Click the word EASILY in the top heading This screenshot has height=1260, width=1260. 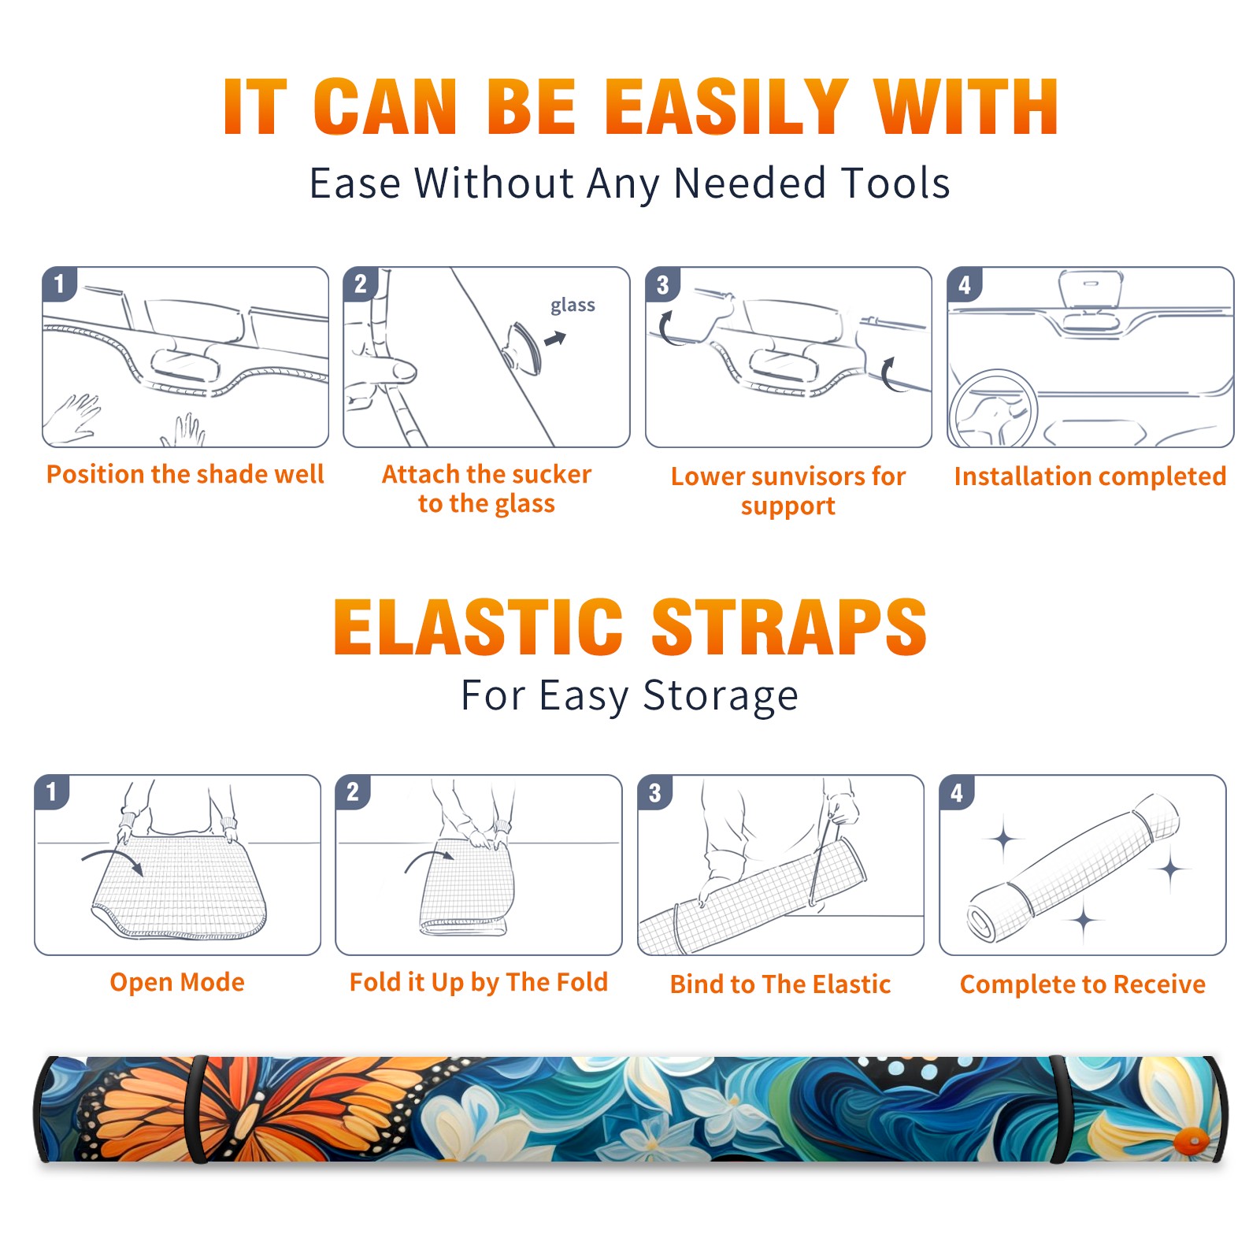pyautogui.click(x=726, y=107)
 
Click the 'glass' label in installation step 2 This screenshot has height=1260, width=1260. pyautogui.click(x=573, y=306)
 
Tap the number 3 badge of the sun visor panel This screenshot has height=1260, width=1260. pyautogui.click(x=662, y=285)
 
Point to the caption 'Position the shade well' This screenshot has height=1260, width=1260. pyautogui.click(x=185, y=474)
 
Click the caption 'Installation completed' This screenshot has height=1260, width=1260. pyautogui.click(x=1090, y=476)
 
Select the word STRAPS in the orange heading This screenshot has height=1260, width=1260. pyautogui.click(x=789, y=627)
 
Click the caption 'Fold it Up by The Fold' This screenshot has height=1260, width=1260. pyautogui.click(x=479, y=982)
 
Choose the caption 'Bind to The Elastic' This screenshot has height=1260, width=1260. pyautogui.click(x=780, y=984)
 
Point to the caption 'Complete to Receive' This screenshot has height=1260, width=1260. pyautogui.click(x=1083, y=984)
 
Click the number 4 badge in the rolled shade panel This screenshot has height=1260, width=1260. pyautogui.click(x=957, y=793)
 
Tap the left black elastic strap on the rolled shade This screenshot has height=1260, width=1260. pyautogui.click(x=198, y=1109)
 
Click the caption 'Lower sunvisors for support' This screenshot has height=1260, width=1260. pyautogui.click(x=788, y=491)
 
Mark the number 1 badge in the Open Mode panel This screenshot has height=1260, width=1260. pyautogui.click(x=51, y=792)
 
